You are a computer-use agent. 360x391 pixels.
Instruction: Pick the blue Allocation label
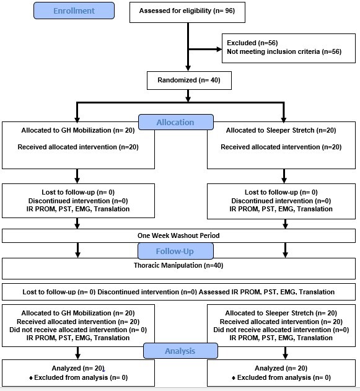(x=175, y=122)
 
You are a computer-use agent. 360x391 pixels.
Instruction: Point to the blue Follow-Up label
(x=175, y=252)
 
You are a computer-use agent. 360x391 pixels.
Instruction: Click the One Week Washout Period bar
(x=178, y=236)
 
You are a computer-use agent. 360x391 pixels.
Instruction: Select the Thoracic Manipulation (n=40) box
(x=178, y=265)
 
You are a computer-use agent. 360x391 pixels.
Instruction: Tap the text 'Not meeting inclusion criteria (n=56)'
(x=284, y=52)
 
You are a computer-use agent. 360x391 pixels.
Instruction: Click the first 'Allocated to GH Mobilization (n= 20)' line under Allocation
(x=78, y=130)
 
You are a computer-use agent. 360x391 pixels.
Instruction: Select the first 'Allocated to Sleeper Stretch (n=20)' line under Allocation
(x=281, y=130)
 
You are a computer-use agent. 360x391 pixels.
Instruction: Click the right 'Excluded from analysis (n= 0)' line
(x=283, y=377)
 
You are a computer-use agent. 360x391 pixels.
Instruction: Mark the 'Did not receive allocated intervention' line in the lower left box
(x=77, y=330)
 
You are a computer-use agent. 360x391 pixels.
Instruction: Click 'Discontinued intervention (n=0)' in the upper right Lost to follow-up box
(x=281, y=201)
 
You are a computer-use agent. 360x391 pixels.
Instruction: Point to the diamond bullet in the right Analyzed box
(x=234, y=377)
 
